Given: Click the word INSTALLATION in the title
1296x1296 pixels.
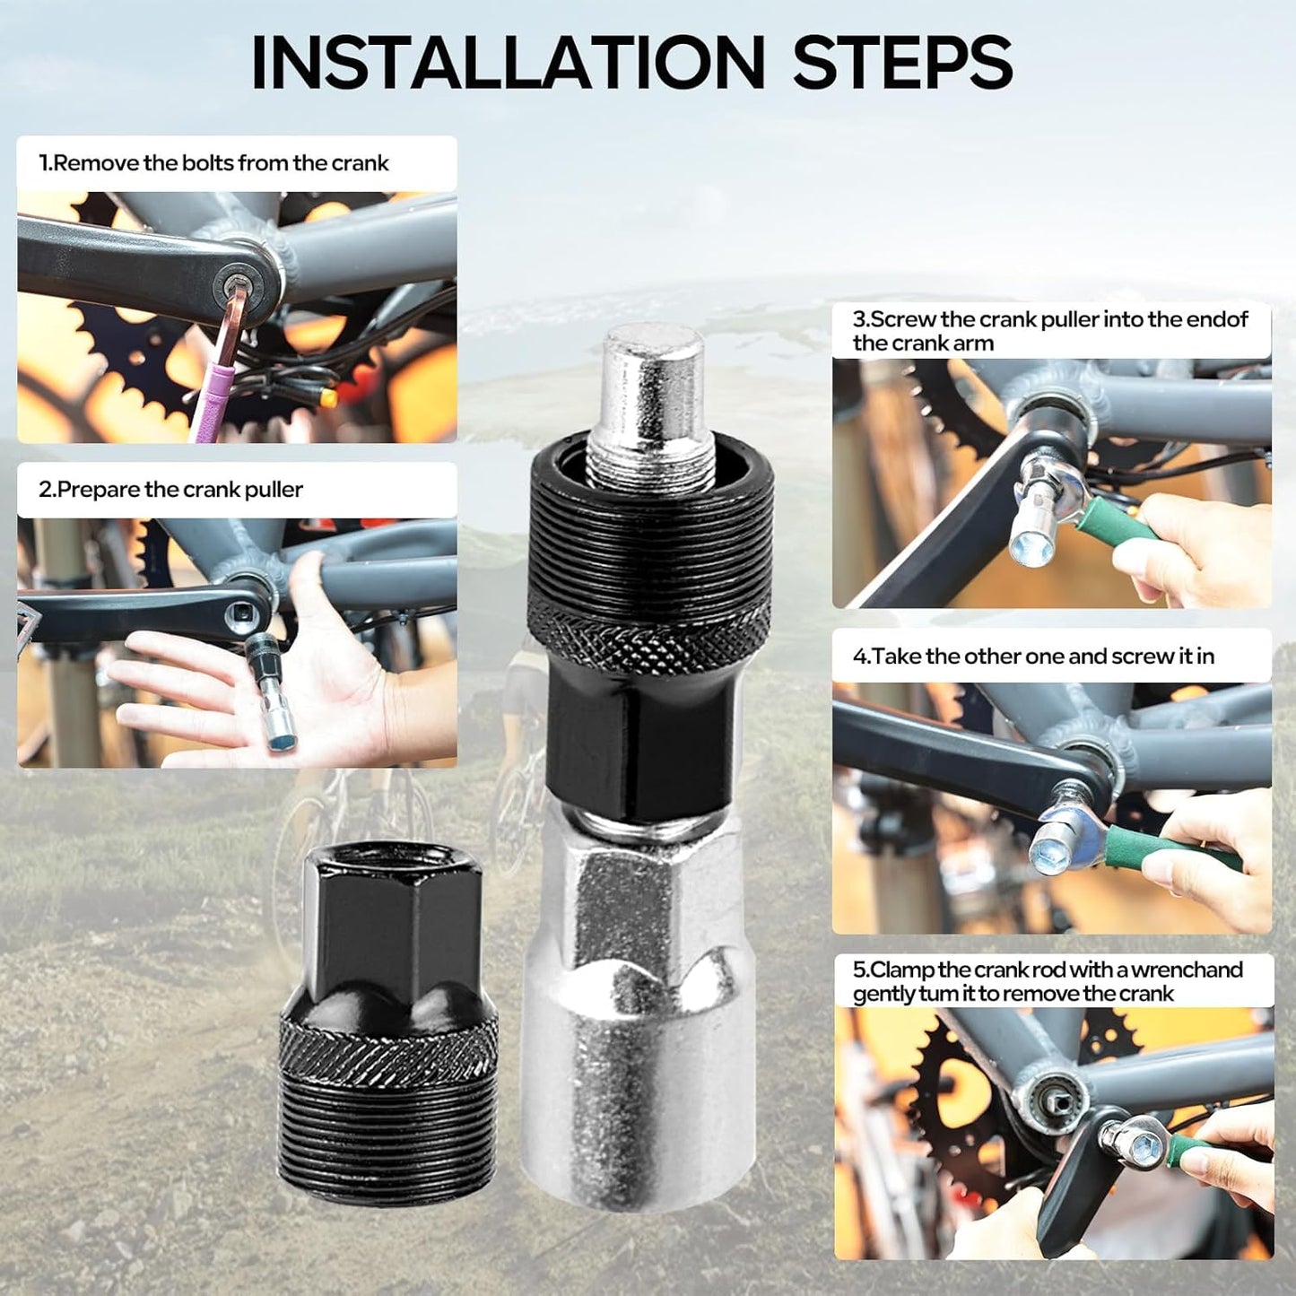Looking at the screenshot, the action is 509,63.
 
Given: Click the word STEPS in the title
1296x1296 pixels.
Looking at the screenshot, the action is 903,63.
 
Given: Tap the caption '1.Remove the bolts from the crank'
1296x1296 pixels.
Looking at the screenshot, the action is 213,163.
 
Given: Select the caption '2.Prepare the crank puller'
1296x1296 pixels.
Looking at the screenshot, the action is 170,489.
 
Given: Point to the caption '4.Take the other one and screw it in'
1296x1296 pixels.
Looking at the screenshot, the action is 1034,657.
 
